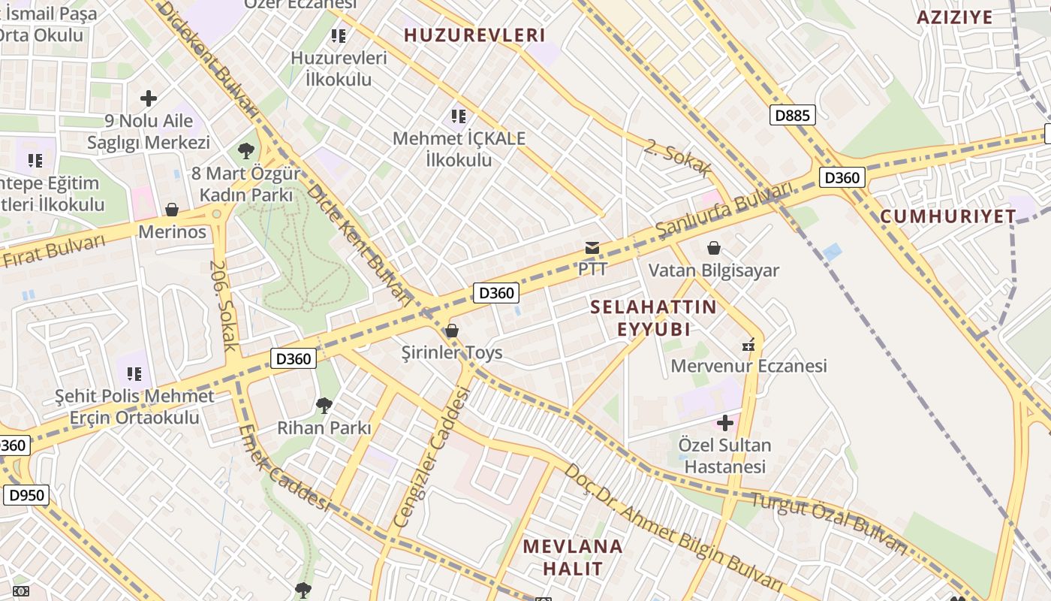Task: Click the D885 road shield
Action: tap(792, 115)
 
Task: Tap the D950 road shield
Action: tap(26, 495)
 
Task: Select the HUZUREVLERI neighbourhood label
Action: tap(474, 35)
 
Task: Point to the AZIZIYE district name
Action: tap(955, 17)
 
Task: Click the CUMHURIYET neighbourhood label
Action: tap(947, 216)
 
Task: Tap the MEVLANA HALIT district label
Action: tap(573, 557)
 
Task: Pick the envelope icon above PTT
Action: tap(592, 247)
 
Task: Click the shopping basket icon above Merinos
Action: tap(172, 210)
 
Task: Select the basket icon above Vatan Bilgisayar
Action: tap(714, 248)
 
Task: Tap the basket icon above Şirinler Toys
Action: tap(452, 331)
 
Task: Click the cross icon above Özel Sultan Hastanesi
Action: tap(724, 423)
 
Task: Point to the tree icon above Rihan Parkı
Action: tap(324, 406)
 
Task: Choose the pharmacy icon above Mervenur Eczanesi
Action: tap(748, 345)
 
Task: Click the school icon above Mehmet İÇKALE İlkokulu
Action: tap(459, 116)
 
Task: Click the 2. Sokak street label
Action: tap(676, 159)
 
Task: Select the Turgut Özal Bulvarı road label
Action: tap(830, 523)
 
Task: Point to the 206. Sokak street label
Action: tap(224, 306)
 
